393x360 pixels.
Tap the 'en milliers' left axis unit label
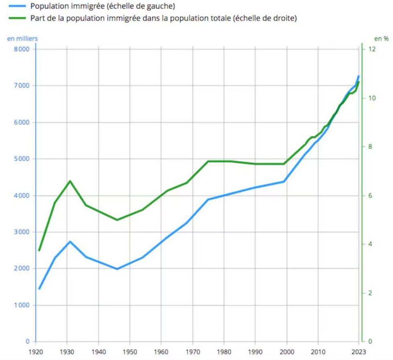[x=22, y=39]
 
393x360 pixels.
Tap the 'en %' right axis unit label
[x=381, y=39]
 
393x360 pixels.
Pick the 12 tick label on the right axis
[x=372, y=49]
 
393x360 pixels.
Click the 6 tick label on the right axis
[x=370, y=195]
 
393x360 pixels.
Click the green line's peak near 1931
[x=70, y=181]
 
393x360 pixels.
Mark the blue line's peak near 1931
[x=70, y=242]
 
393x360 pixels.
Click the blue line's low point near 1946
[x=117, y=269]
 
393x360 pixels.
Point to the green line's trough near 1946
[x=117, y=220]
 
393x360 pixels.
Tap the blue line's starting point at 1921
[x=39, y=288]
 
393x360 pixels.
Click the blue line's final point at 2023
[x=359, y=76]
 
